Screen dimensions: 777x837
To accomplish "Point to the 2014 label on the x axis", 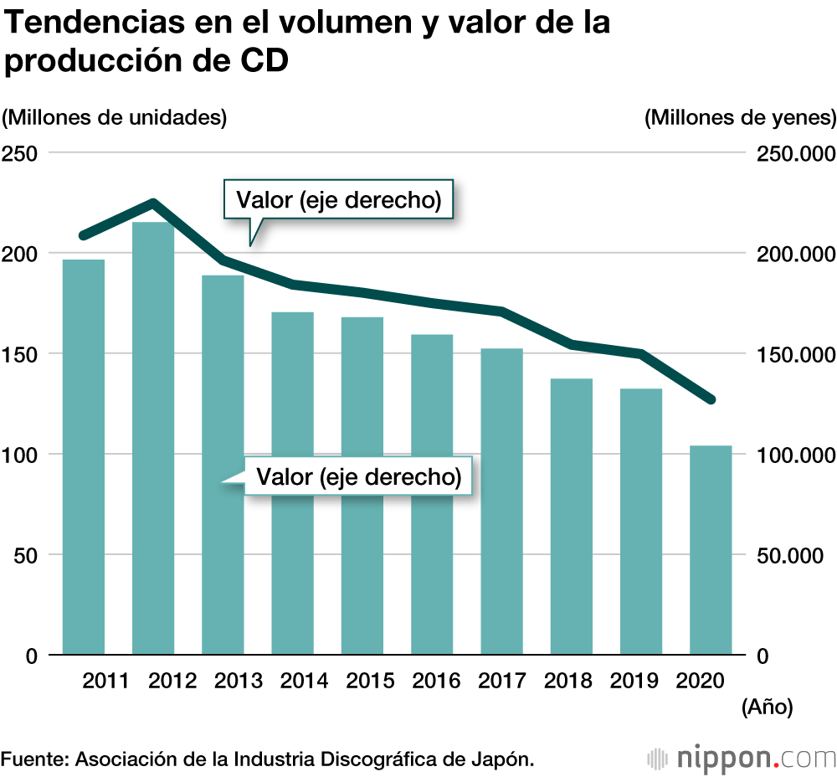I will click(x=304, y=680).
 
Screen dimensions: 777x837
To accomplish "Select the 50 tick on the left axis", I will click(x=24, y=555).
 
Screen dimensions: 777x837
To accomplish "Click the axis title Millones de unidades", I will click(x=115, y=117).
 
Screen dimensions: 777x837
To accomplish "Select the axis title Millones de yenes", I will click(x=741, y=117).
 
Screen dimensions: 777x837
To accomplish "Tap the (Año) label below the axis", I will click(x=767, y=708).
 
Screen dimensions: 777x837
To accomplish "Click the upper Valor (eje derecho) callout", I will click(x=338, y=200).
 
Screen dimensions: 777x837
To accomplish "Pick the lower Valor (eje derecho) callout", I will click(x=359, y=477).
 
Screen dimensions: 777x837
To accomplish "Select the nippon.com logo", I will click(x=742, y=759).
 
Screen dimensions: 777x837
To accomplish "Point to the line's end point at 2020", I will click(x=711, y=399).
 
